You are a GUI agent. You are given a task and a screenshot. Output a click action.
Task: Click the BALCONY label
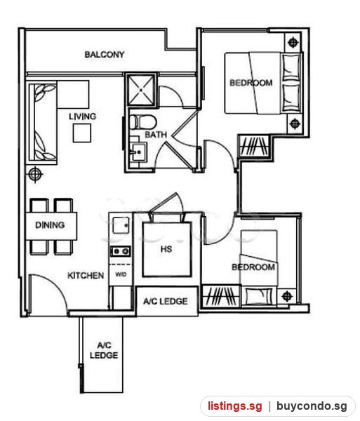point(105,55)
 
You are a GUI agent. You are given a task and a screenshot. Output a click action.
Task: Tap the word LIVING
point(82,116)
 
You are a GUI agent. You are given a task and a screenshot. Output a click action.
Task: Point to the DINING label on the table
point(50,225)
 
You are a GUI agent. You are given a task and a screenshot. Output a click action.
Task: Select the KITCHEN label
point(86,276)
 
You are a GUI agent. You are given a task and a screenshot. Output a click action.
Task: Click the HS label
point(166,249)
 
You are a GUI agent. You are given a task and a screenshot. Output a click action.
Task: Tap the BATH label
point(156,135)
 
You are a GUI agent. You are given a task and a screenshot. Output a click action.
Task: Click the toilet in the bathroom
point(143,122)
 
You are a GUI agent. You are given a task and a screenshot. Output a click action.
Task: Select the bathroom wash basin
point(138,152)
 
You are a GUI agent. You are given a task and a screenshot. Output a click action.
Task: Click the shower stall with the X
point(141,90)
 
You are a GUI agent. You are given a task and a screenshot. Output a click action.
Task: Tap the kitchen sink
point(121,225)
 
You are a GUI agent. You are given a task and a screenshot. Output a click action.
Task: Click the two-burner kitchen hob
point(121,252)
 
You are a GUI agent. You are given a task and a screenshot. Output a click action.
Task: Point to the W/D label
point(121,274)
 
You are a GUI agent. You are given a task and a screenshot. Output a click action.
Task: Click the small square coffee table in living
point(82,133)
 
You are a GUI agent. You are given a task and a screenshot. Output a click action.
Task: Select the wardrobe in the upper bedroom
point(254,147)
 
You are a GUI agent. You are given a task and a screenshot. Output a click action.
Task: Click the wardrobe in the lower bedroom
point(220,296)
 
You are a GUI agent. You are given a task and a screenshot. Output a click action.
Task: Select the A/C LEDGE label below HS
point(166,301)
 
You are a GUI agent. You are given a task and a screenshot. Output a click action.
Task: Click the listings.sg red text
point(235,406)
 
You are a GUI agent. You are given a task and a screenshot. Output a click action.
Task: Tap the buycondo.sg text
point(312,406)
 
